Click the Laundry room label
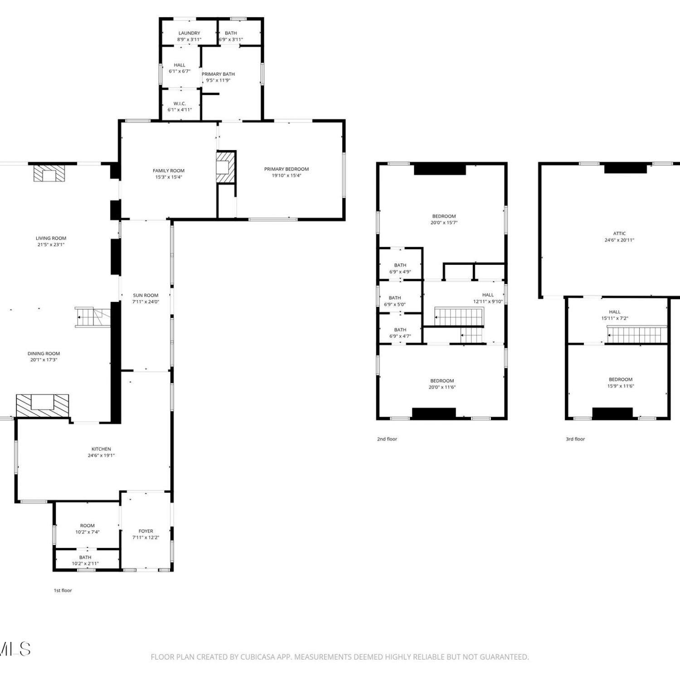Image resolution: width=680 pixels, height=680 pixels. (189, 33)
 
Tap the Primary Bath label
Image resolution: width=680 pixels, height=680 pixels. (218, 74)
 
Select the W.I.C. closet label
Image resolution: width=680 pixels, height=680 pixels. (180, 103)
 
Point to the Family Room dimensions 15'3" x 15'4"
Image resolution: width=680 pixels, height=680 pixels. (169, 177)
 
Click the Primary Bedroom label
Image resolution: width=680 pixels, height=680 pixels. (287, 169)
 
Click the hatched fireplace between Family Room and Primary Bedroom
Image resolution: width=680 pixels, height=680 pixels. (226, 167)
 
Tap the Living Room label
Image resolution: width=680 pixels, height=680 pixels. (51, 238)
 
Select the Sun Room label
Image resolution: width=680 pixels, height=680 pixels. (146, 295)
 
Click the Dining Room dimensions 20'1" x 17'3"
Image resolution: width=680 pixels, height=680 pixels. (44, 360)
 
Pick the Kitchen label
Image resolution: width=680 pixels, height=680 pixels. (101, 449)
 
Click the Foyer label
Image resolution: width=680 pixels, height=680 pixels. (146, 531)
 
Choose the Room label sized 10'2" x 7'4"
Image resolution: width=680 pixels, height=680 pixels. (87, 525)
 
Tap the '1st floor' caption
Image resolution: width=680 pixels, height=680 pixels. (63, 590)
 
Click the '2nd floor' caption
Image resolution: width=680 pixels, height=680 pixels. (387, 439)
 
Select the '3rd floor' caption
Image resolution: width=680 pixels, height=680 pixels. (575, 439)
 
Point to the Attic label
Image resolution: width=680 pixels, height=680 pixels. (619, 233)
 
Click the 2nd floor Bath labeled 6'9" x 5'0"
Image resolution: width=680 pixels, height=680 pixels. (395, 298)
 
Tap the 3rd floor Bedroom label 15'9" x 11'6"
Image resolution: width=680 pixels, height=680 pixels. (621, 379)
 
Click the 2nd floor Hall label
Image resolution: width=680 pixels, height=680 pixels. (488, 295)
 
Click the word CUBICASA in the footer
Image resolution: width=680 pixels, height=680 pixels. (257, 657)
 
